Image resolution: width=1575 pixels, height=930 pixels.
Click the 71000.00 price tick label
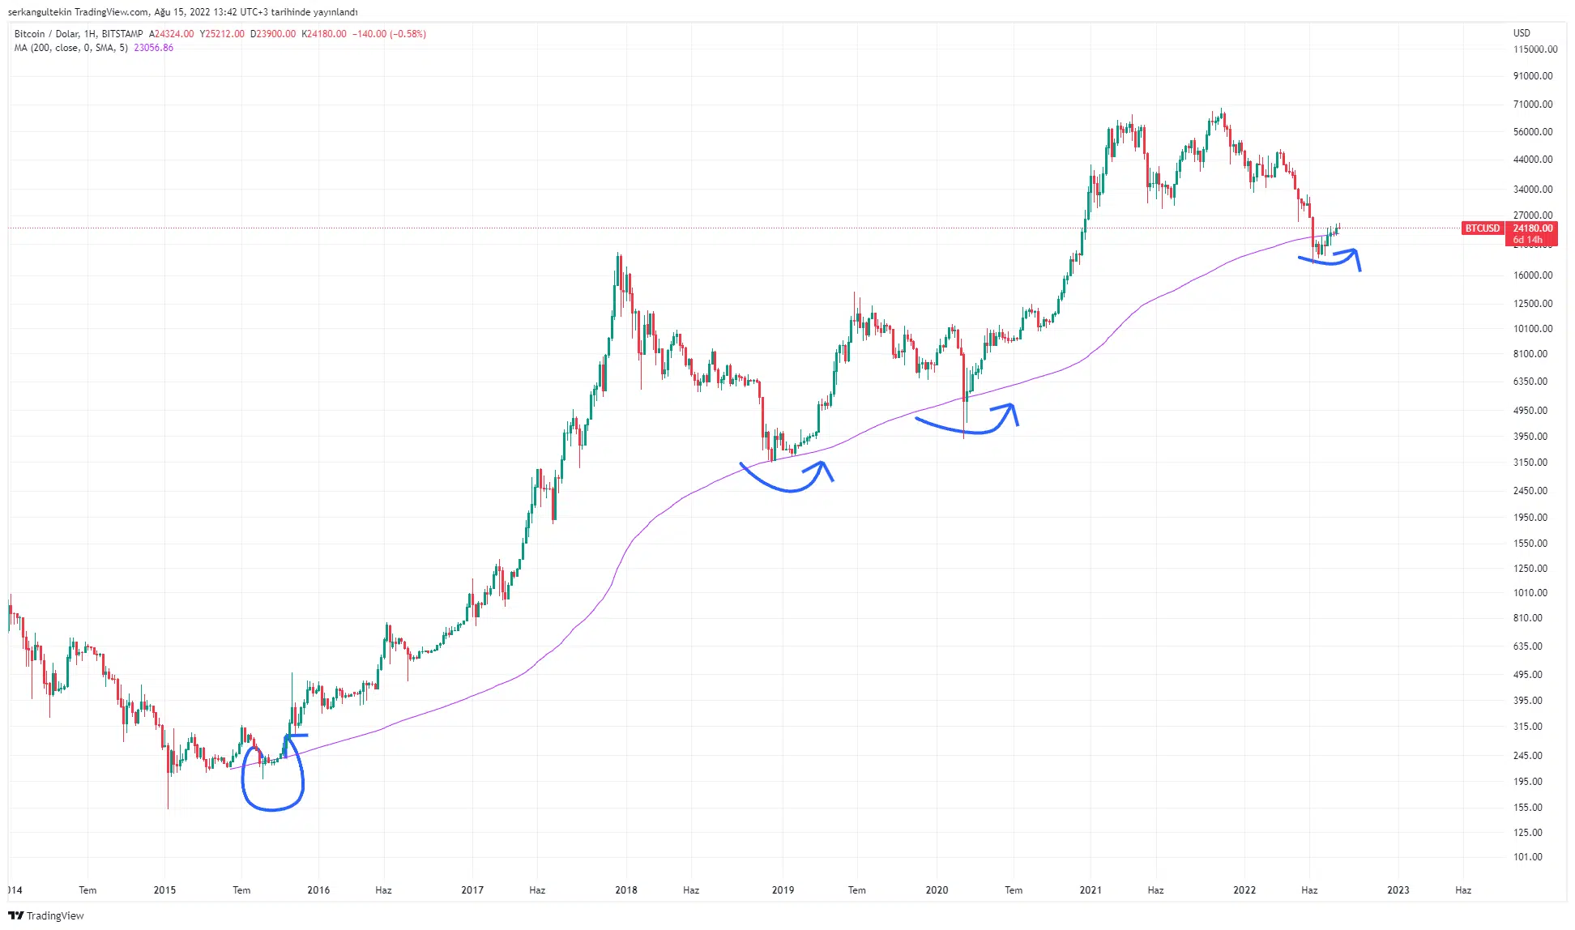(x=1533, y=105)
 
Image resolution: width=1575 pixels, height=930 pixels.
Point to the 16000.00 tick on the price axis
(x=1533, y=275)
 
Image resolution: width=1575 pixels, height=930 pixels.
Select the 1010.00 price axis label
(x=1530, y=593)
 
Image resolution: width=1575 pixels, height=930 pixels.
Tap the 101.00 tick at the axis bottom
(x=1528, y=857)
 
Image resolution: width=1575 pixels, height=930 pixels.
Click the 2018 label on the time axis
(x=626, y=890)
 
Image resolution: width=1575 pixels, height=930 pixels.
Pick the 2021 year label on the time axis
(x=1091, y=890)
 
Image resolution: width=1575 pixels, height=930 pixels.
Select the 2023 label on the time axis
(x=1398, y=890)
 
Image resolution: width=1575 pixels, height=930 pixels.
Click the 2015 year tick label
(x=164, y=890)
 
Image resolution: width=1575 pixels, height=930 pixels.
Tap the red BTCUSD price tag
(x=1483, y=228)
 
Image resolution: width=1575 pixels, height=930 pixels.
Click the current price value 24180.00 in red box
(x=1533, y=228)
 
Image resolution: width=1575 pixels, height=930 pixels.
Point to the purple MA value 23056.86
(x=154, y=48)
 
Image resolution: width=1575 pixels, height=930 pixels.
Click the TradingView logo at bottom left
(x=46, y=915)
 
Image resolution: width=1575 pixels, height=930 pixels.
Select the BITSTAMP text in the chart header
(x=122, y=34)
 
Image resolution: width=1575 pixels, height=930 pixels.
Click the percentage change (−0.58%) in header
(x=408, y=34)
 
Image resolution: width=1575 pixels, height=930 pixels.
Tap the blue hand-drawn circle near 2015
(x=273, y=778)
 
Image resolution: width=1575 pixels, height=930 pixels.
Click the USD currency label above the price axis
(x=1522, y=33)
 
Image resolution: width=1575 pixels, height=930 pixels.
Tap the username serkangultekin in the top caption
(x=40, y=12)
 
